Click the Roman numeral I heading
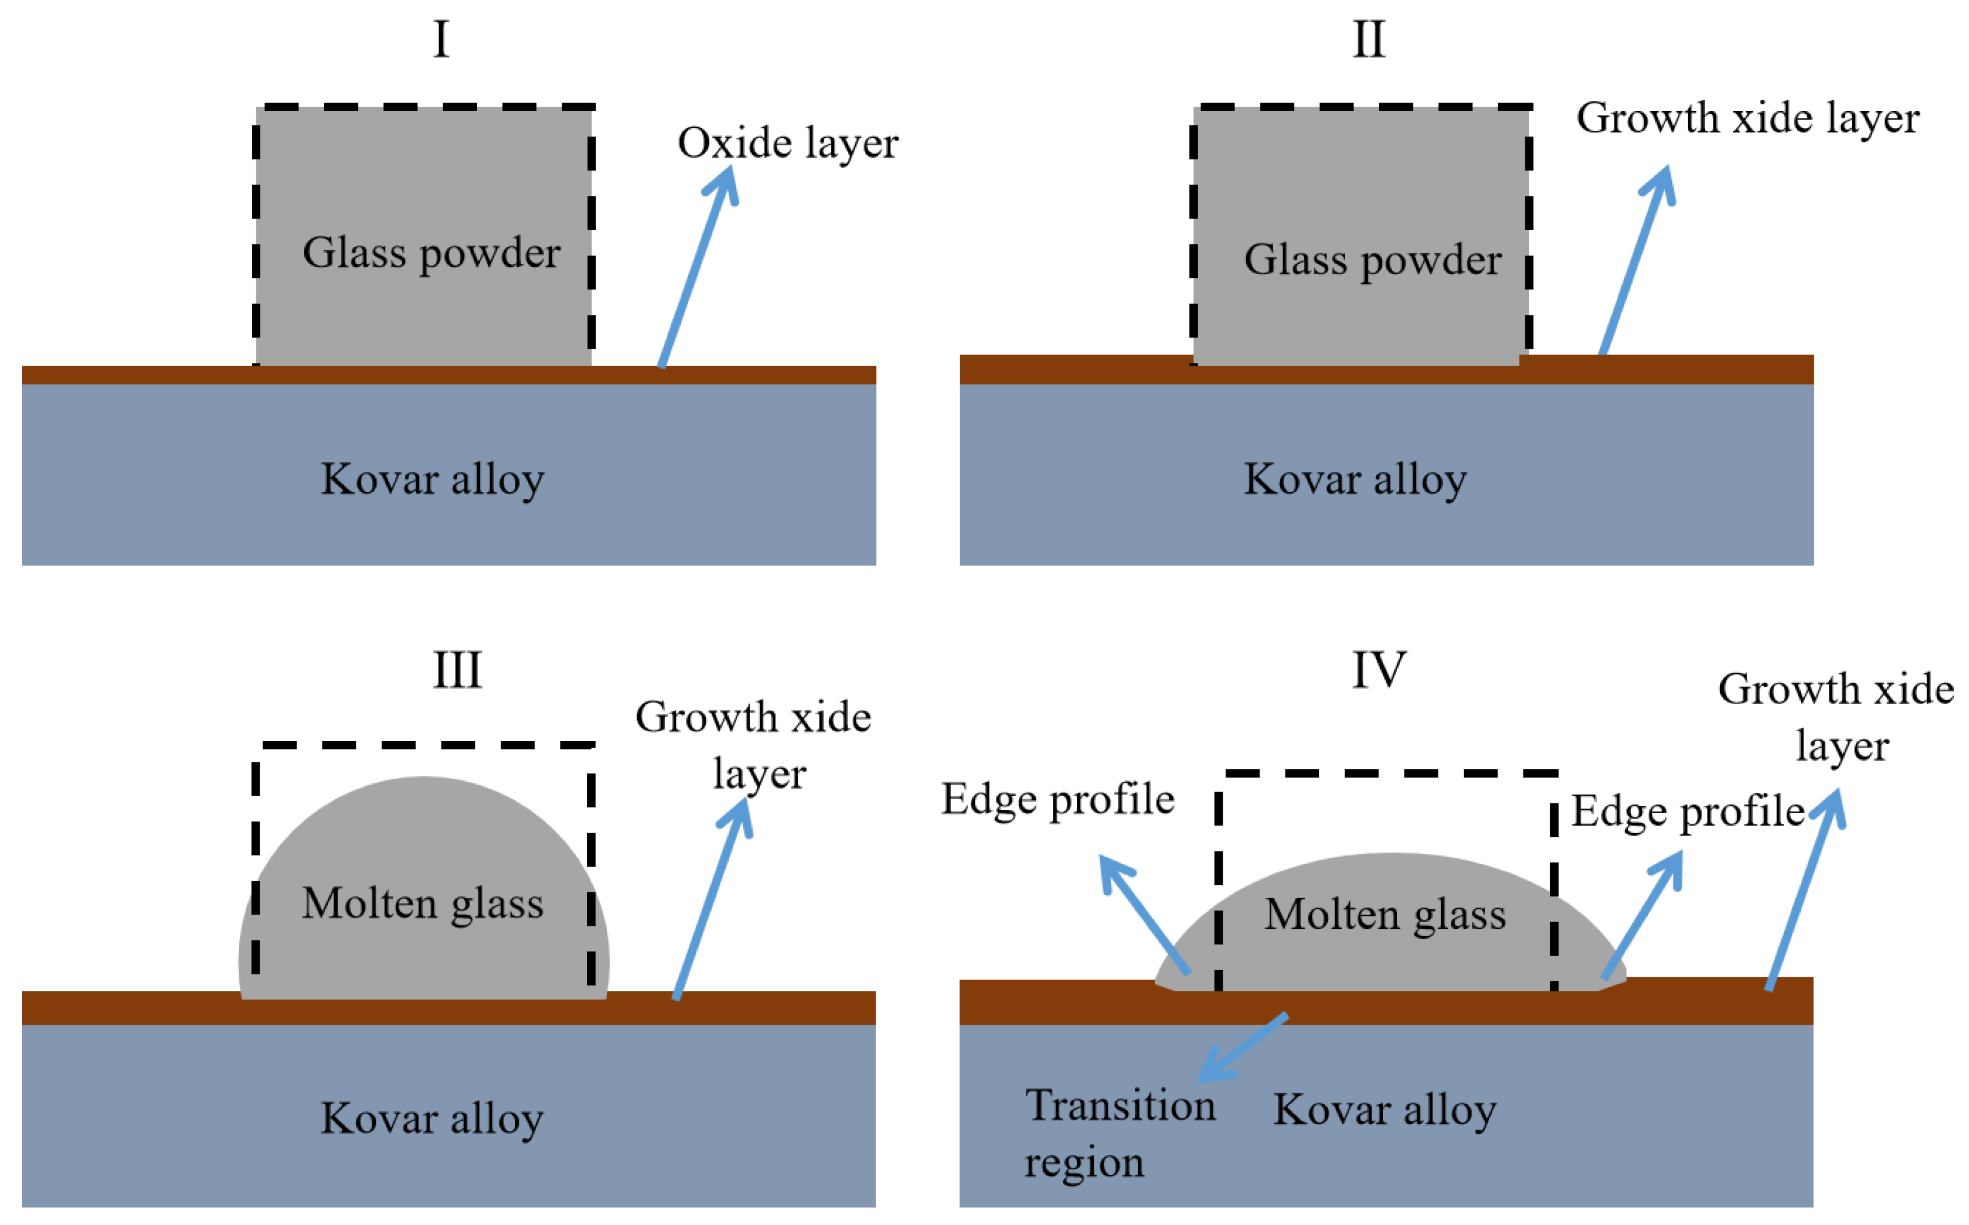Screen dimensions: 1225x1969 [x=441, y=39]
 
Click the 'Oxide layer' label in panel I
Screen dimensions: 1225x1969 [x=787, y=143]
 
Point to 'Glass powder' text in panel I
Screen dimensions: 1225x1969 [x=431, y=253]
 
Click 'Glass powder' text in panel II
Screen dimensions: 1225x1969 [x=1373, y=260]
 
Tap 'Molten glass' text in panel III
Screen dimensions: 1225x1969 [x=422, y=903]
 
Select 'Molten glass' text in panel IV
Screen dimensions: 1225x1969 [x=1385, y=915]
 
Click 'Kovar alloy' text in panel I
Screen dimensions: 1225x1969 [x=432, y=479]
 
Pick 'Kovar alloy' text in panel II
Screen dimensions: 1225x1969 [x=1355, y=479]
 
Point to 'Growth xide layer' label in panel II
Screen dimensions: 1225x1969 [x=1747, y=119]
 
